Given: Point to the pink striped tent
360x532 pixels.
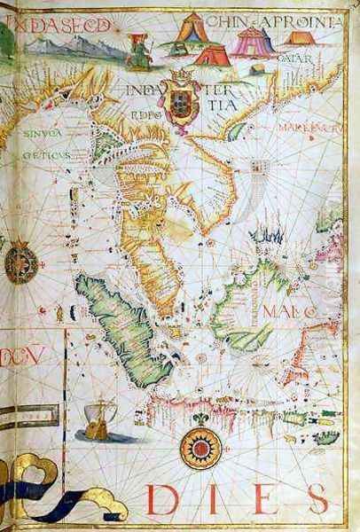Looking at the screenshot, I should click(x=253, y=40).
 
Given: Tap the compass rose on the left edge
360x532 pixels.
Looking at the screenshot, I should click(x=20, y=263).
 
